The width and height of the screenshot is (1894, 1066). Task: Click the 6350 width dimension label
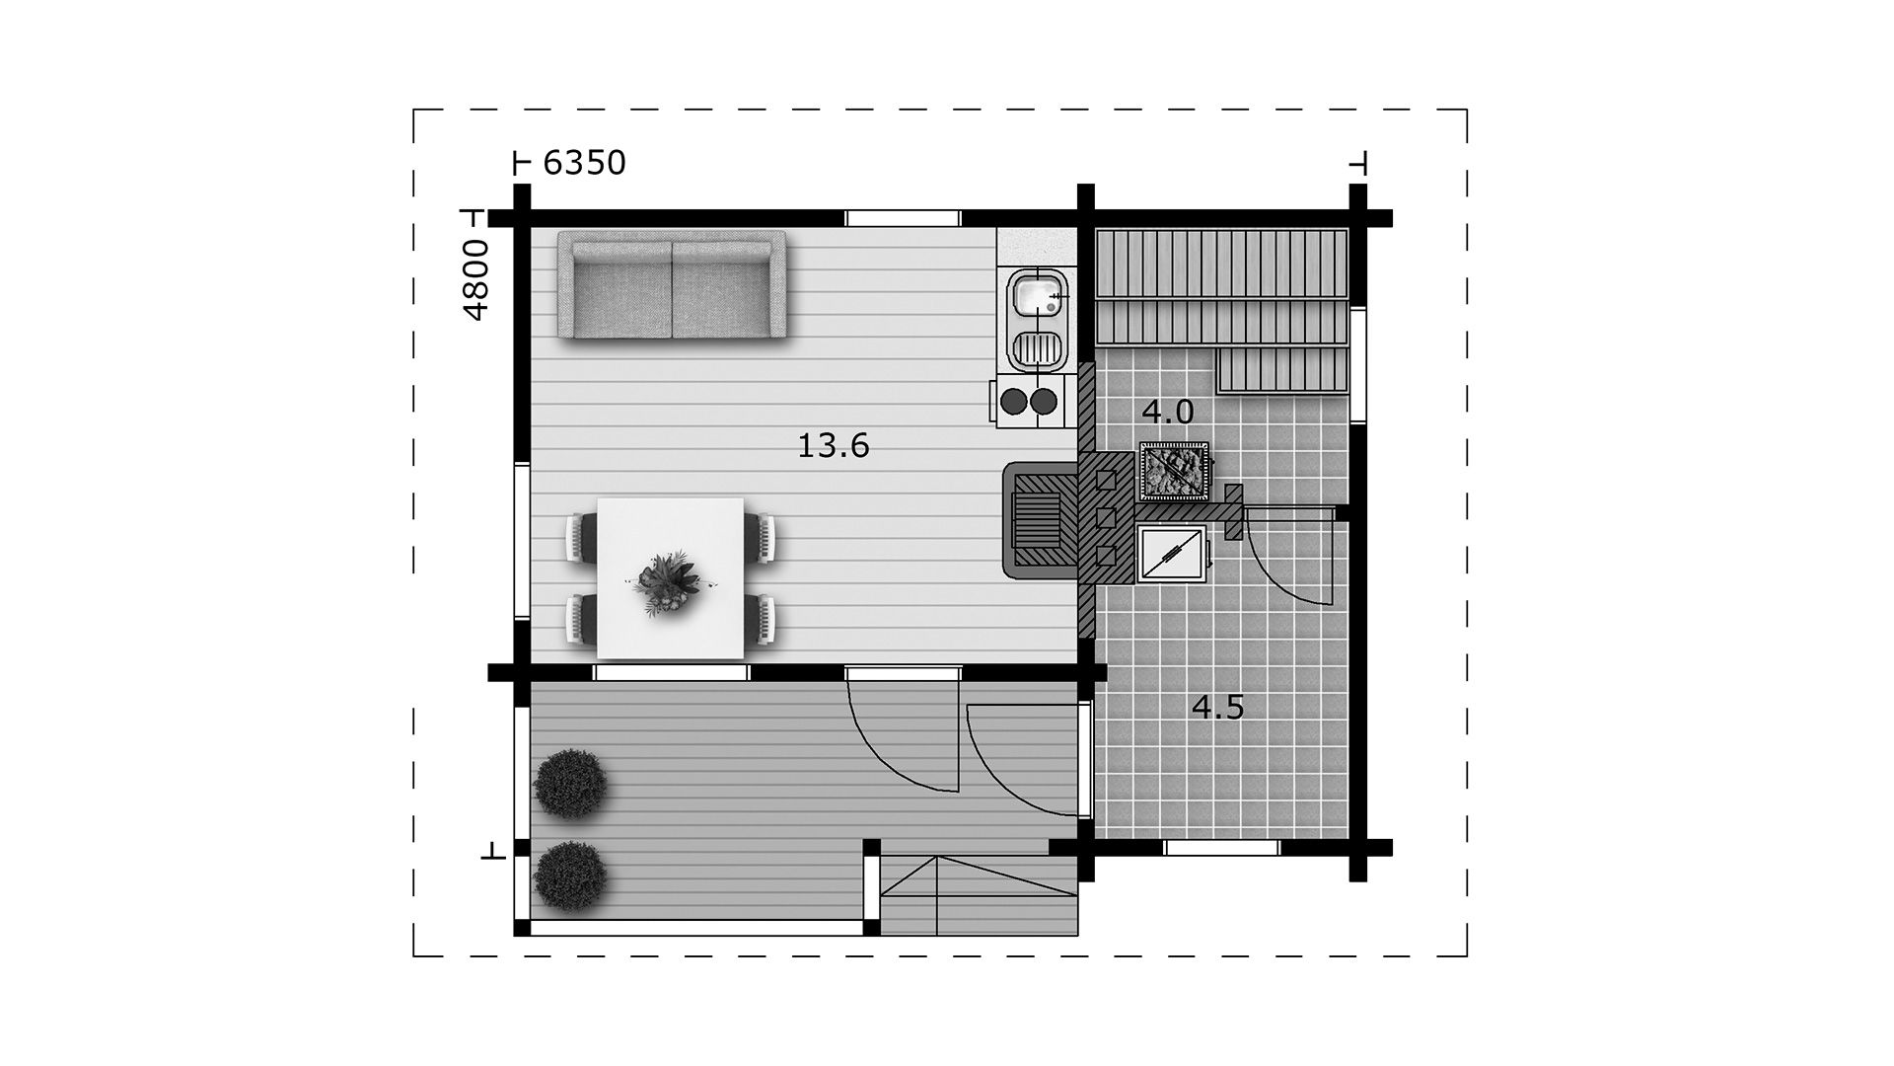584,163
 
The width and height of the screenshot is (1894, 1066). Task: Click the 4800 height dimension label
475,279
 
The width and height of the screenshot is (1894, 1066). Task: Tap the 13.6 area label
833,446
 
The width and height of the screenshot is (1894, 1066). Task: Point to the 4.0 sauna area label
1168,412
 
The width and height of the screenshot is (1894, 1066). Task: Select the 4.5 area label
1217,708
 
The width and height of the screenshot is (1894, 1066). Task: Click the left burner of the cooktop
1014,401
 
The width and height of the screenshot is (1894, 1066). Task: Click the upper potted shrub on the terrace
569,785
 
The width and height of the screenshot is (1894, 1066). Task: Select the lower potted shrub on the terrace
569,876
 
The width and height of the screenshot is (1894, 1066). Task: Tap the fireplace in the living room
1040,519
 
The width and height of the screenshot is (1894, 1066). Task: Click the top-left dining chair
582,538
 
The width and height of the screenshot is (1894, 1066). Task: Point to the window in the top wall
903,219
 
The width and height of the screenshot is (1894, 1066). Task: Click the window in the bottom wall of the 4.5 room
1222,848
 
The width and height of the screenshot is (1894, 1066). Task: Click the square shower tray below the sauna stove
1172,555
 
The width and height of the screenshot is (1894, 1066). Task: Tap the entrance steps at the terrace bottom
980,895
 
